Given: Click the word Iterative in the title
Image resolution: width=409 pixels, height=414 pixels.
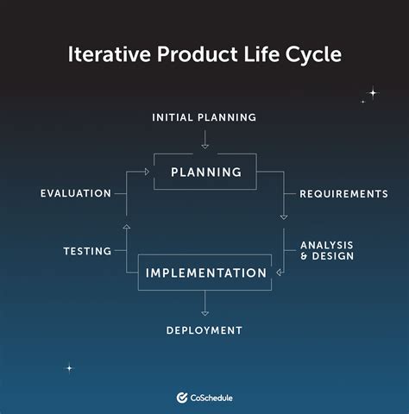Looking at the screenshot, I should tap(101, 54).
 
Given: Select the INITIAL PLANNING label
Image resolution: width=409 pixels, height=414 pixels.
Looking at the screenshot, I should tap(204, 117).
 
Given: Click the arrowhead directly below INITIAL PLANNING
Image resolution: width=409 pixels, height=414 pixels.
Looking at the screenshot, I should tap(204, 144).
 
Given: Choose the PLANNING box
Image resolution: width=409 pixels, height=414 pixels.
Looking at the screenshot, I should tap(205, 172).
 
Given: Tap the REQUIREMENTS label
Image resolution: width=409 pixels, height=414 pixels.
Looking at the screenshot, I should tap(343, 194).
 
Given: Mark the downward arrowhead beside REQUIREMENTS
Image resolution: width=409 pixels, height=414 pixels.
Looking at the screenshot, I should tap(284, 216).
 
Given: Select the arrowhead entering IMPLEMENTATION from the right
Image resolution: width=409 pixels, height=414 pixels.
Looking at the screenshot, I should tap(279, 273).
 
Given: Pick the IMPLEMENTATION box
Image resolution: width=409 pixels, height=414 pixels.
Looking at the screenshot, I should tap(205, 273).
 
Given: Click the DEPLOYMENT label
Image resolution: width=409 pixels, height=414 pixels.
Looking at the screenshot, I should tap(204, 330).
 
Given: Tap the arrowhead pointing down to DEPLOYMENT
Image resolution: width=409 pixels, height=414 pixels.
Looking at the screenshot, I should tap(204, 311).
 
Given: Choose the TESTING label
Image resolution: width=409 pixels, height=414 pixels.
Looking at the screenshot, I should tap(87, 252).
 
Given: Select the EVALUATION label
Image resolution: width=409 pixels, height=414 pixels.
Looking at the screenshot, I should tap(76, 194).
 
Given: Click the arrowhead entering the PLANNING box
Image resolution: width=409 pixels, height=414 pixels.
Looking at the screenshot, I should tap(148, 172).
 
